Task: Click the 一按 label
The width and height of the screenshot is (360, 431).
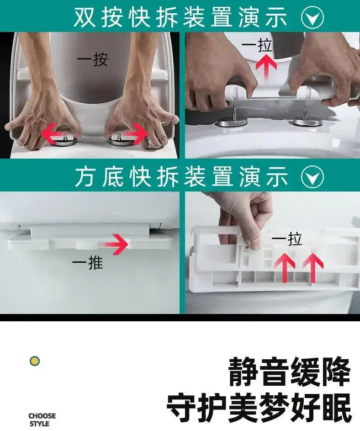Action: tap(92, 59)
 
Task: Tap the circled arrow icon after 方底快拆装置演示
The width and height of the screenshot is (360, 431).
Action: tap(312, 176)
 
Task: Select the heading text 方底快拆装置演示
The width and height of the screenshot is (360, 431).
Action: tap(181, 176)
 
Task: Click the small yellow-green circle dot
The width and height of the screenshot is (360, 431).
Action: tap(34, 361)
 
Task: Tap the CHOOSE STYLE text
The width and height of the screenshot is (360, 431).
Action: tap(42, 419)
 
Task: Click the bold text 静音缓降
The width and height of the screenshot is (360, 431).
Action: tap(290, 372)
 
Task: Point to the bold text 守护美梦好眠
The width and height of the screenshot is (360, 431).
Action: tap(259, 407)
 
